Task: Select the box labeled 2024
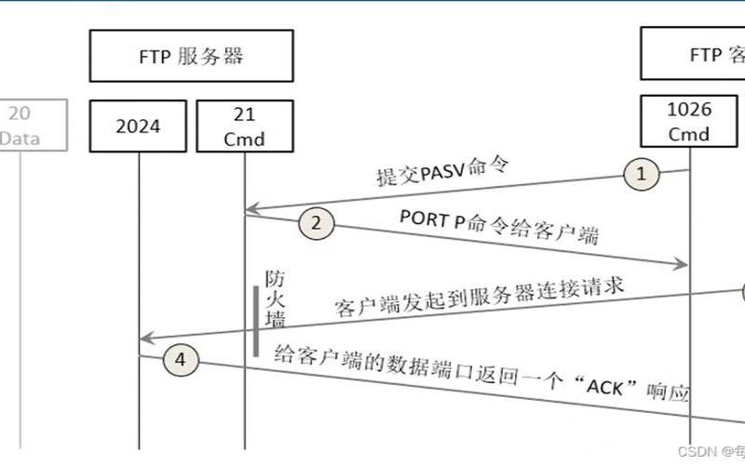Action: [138, 126]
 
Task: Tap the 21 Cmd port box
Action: [245, 126]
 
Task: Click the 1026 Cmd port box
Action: [690, 122]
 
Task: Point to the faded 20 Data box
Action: [34, 126]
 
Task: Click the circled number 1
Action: [641, 173]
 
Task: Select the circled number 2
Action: [316, 223]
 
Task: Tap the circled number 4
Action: [181, 362]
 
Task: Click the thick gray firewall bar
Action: [255, 321]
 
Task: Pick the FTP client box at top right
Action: [693, 56]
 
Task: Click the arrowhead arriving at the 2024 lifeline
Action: [144, 338]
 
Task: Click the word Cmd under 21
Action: [245, 139]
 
